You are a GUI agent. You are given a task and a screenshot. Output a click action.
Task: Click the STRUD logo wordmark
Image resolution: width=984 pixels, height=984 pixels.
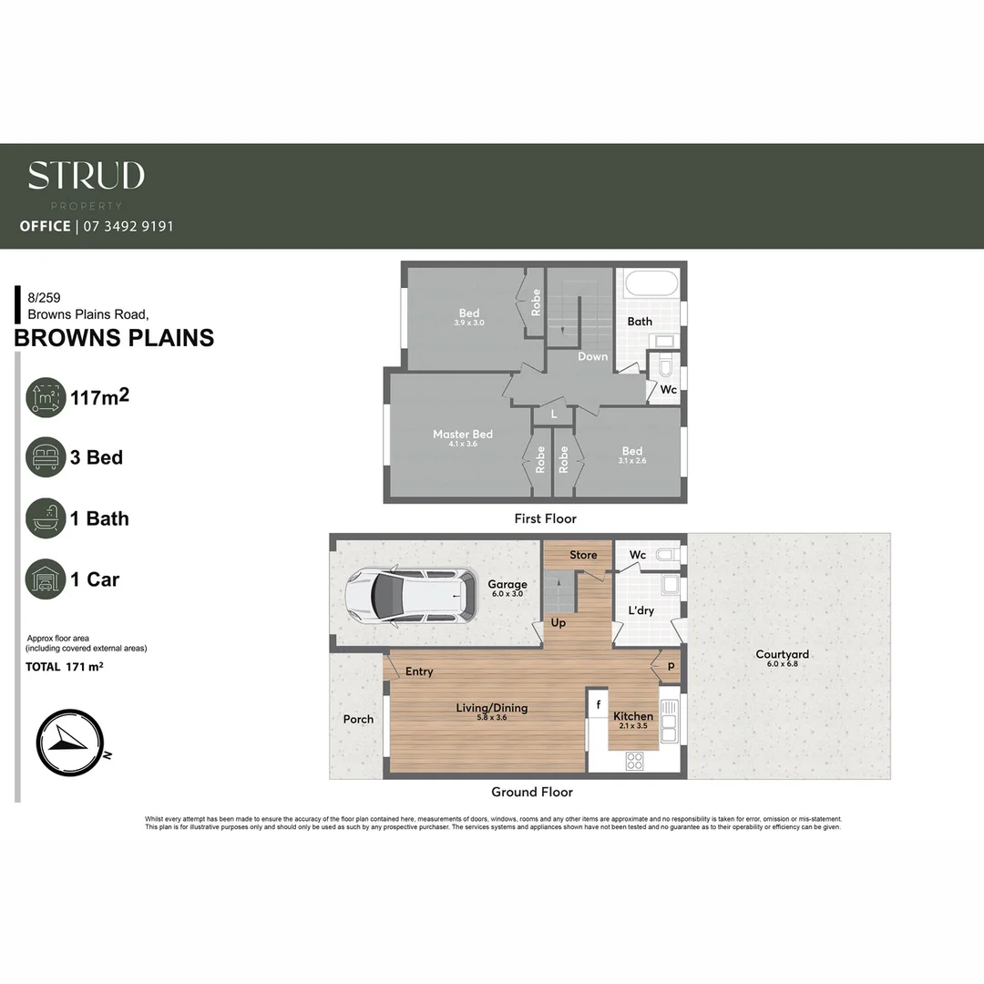(86, 176)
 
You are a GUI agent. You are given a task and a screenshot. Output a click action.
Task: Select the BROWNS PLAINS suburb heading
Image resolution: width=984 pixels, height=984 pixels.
(114, 337)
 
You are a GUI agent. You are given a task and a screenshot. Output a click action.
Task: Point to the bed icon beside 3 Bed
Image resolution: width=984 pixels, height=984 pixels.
(46, 457)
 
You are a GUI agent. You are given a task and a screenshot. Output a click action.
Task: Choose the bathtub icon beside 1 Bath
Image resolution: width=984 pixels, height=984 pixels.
(46, 518)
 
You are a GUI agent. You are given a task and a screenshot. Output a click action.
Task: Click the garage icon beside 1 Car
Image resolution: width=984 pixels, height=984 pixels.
(46, 579)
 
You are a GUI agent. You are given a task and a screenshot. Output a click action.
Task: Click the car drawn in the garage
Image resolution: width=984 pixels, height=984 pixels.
(411, 596)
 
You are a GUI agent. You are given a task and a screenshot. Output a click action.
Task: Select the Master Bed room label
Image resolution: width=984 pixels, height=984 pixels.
(463, 435)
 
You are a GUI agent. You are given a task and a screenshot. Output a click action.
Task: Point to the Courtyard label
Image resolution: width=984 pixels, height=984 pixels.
(782, 654)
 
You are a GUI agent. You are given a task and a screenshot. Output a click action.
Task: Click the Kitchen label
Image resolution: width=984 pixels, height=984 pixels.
(633, 717)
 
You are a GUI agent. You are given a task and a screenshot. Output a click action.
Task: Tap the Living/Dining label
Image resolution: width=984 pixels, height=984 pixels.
(492, 708)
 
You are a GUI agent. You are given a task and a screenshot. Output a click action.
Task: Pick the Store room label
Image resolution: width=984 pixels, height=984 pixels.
(583, 555)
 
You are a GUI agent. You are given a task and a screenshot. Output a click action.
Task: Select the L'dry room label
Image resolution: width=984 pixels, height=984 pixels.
(641, 610)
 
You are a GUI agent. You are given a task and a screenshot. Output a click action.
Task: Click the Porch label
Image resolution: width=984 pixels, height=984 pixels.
(358, 720)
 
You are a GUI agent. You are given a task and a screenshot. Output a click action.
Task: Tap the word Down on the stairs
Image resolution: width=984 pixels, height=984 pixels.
(592, 356)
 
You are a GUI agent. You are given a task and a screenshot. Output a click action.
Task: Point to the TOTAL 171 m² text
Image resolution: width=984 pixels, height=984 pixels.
(64, 667)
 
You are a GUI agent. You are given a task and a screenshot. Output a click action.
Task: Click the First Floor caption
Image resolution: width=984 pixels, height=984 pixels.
(546, 518)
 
